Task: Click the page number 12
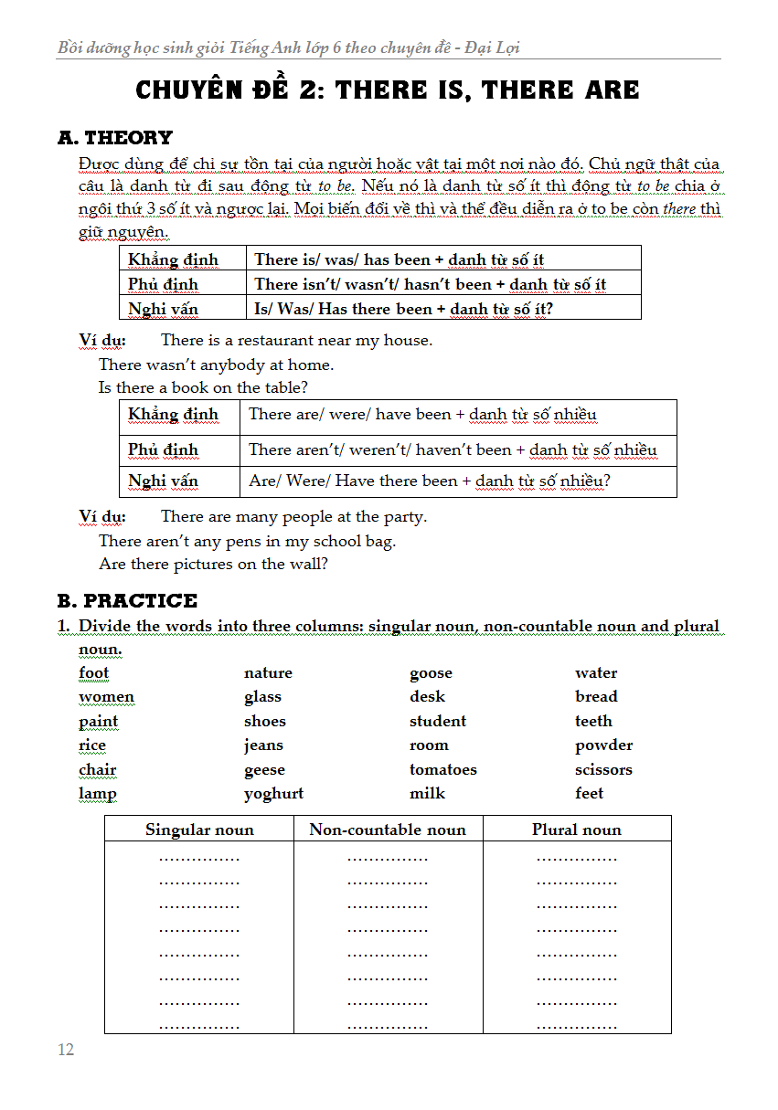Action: point(66,1049)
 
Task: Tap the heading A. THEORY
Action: point(114,138)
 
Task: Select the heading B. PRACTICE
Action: point(127,600)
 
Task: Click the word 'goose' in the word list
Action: point(431,673)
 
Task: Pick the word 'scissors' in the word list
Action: point(603,769)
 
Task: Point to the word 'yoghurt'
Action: point(273,793)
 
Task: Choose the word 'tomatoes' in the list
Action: point(443,769)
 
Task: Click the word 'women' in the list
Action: point(106,697)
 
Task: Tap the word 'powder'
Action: point(603,745)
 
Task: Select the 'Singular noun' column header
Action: point(199,830)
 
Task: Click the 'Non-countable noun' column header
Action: point(388,830)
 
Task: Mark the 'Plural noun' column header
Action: point(576,830)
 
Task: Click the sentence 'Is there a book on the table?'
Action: point(197,387)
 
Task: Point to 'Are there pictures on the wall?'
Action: point(213,564)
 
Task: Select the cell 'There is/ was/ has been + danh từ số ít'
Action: point(400,259)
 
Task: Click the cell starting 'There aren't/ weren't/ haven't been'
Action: point(453,449)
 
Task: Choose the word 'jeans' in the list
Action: point(263,745)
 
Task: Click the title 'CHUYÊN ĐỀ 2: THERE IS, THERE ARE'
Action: point(388,90)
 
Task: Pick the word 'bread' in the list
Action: point(596,697)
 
